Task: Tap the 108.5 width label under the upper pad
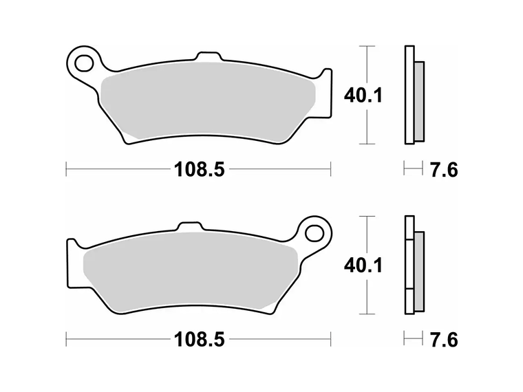(199, 169)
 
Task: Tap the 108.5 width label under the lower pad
(199, 339)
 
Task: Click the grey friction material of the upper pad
(206, 103)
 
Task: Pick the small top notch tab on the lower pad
(189, 226)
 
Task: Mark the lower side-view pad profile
(413, 265)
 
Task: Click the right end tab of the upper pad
(324, 78)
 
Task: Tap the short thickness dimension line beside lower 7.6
(413, 339)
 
